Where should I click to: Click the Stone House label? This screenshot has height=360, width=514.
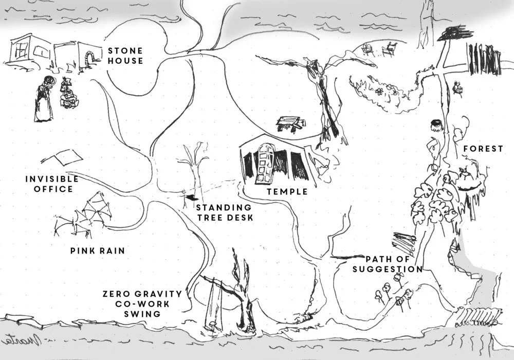(125, 56)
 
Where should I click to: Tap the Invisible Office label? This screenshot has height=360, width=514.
(52, 184)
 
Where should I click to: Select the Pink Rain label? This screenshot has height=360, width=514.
(98, 251)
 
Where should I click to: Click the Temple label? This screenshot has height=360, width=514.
(287, 192)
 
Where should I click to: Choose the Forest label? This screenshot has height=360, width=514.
(483, 149)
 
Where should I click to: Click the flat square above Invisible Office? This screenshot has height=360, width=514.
(65, 156)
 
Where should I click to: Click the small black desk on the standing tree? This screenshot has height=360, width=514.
(191, 197)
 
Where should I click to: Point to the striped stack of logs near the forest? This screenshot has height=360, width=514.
(404, 241)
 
